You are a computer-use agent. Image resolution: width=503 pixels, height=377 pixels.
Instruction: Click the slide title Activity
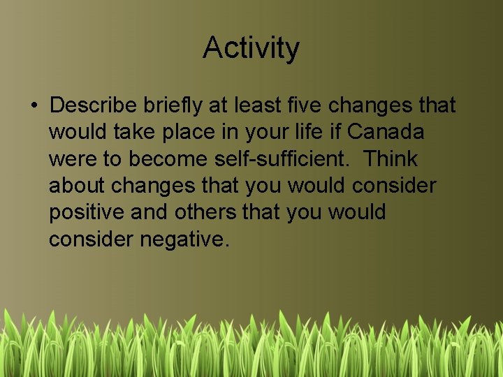coord(251,48)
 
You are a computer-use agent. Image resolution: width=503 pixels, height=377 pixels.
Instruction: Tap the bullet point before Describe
coord(34,107)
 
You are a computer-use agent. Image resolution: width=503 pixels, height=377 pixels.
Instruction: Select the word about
coord(78,186)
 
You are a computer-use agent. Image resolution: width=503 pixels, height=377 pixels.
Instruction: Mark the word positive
coord(87,213)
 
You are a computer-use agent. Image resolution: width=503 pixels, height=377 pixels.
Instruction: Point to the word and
coord(150,212)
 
